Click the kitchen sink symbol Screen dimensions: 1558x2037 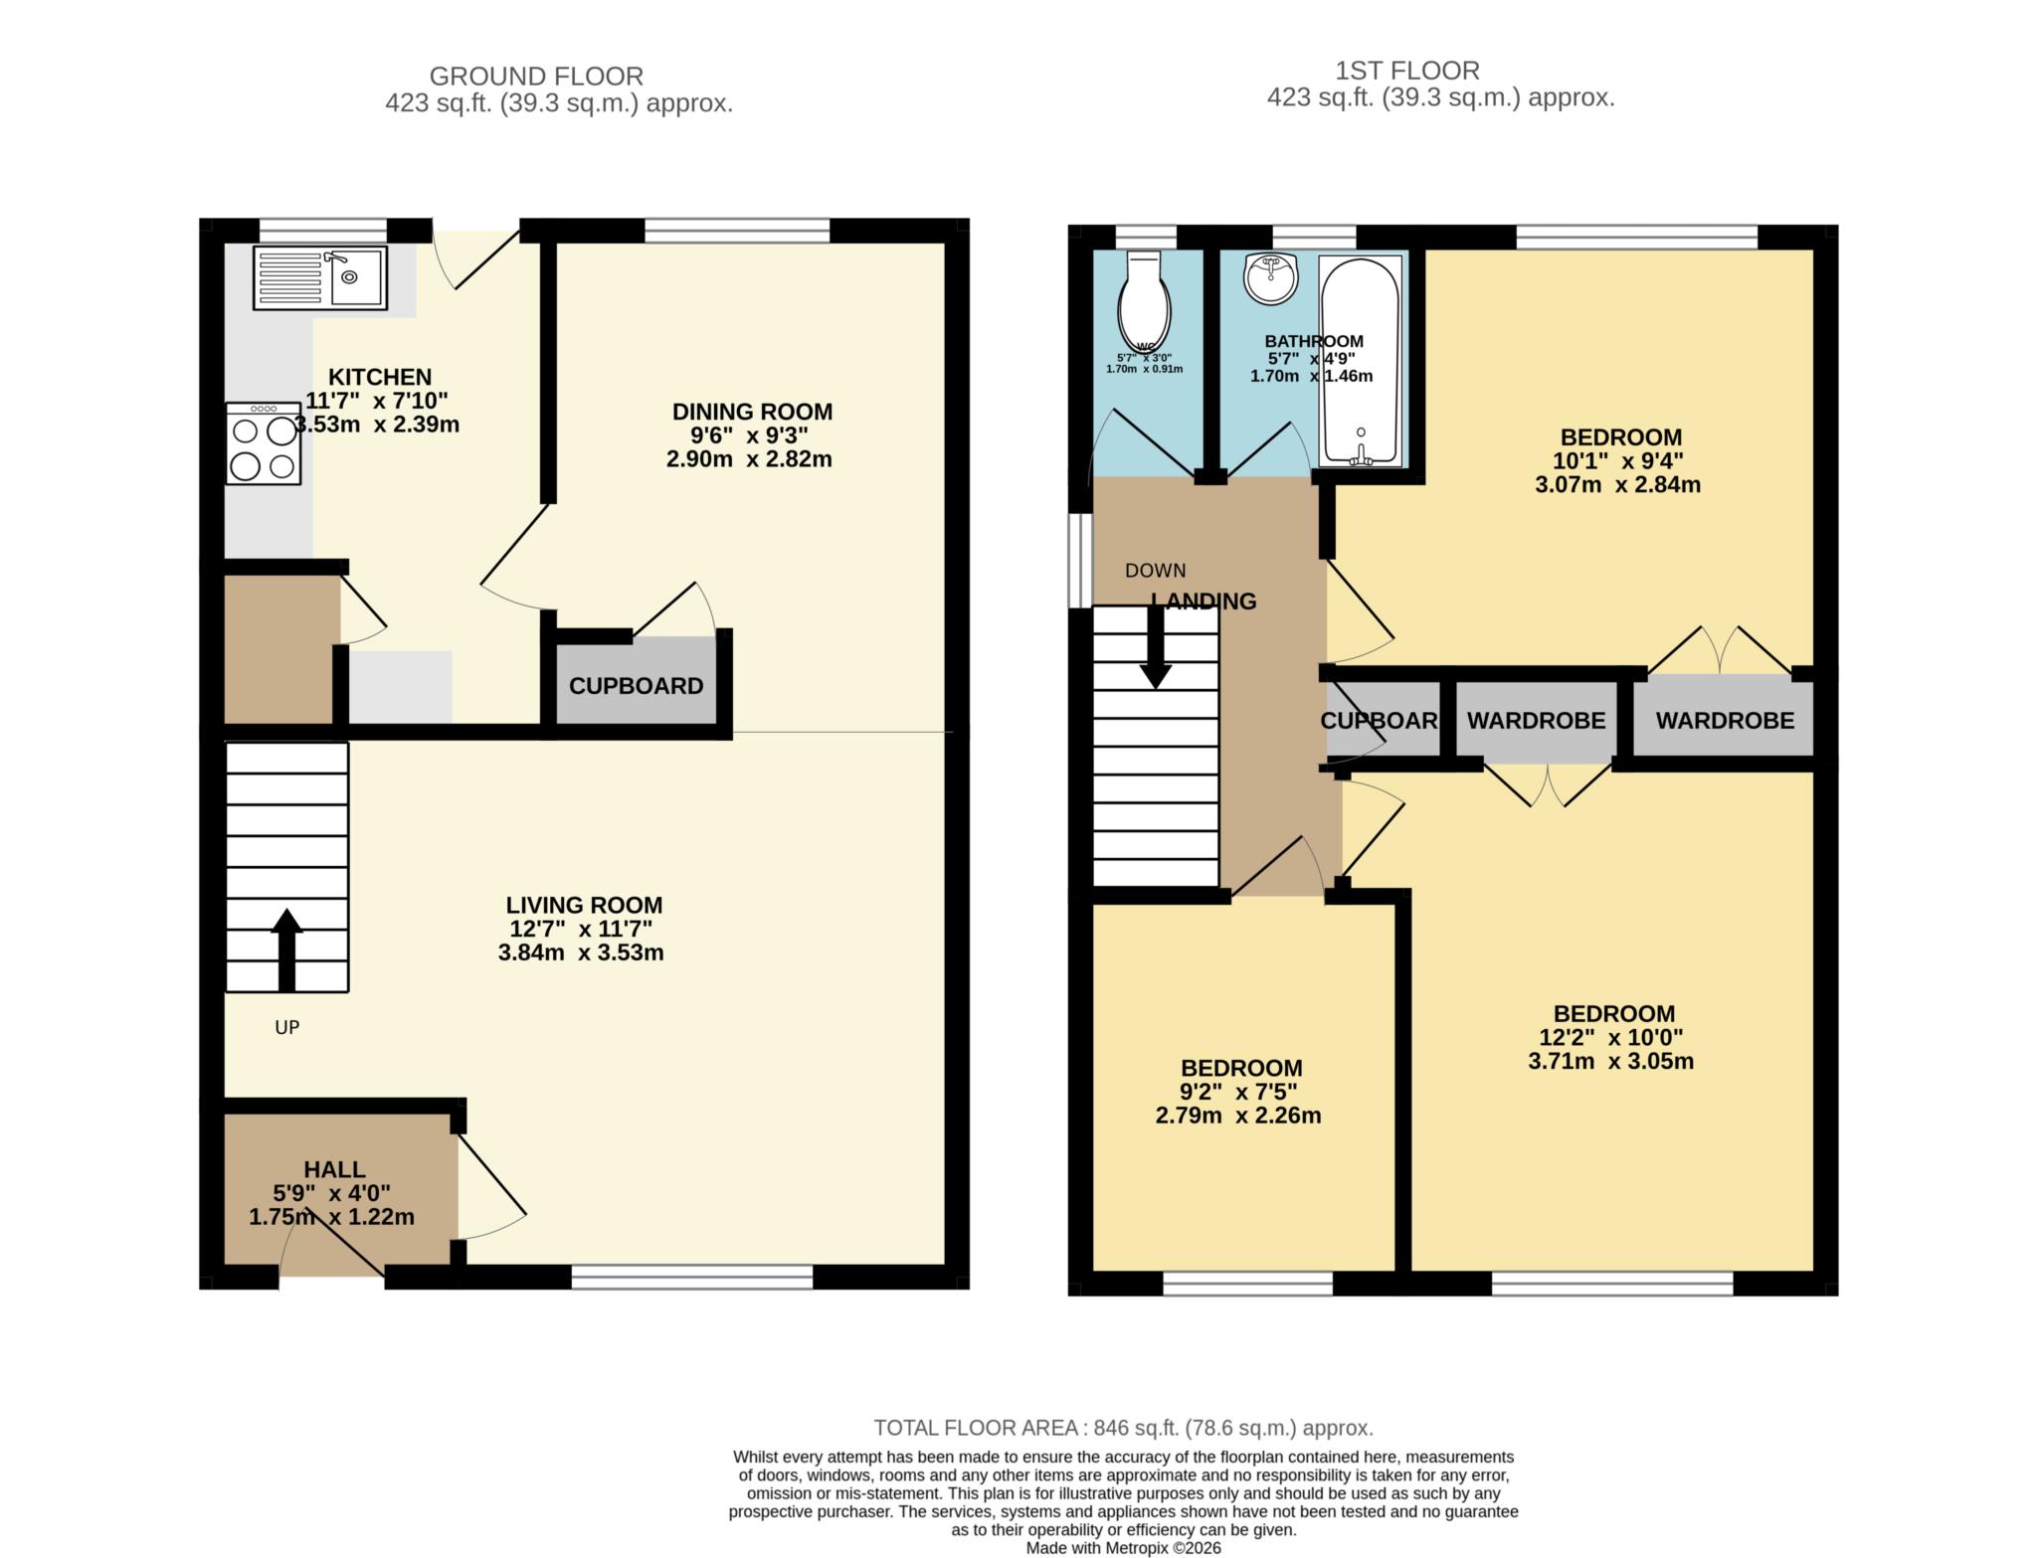320,277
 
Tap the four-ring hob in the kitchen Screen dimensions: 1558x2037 263,443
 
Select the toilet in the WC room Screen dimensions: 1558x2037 1144,299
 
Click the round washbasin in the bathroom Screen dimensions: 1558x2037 1270,277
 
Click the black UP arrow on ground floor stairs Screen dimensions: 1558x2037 286,949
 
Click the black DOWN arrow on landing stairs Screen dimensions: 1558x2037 1155,647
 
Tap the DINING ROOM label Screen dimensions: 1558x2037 752,412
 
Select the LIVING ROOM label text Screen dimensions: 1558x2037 584,905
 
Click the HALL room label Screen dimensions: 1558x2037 334,1169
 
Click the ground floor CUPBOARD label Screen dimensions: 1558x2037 636,686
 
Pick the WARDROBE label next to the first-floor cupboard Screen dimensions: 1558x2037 1536,721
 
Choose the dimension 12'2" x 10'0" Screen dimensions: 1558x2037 1611,1037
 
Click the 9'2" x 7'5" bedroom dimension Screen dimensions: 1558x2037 1239,1092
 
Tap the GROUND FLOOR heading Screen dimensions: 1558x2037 536,76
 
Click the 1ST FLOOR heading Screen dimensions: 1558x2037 1406,71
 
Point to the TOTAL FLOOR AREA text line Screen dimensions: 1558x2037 1123,1428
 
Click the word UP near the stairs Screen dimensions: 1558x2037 286,1027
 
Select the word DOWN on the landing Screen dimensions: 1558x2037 1155,571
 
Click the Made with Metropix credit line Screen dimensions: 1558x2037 1123,1548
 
